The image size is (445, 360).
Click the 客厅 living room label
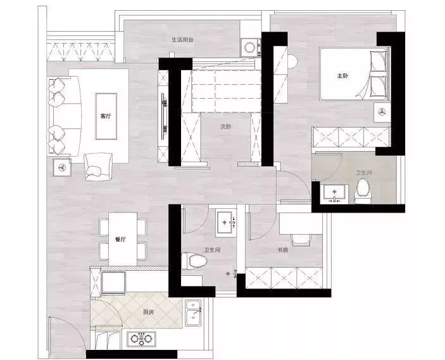106,116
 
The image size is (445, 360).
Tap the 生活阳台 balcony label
182,40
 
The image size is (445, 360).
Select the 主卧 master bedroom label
342,76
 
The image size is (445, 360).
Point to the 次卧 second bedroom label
225,127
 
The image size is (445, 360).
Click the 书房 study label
283,250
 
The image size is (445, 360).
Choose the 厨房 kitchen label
148,312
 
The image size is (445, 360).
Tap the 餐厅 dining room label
120,239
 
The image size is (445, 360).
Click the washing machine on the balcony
251,47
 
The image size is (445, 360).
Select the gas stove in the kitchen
141,338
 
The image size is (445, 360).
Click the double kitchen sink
193,313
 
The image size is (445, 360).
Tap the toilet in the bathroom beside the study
194,261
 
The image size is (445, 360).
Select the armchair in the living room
98,167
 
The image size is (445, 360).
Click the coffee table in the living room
106,116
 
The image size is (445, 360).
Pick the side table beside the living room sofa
62,168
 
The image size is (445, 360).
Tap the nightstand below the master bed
382,113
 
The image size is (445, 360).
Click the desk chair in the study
301,239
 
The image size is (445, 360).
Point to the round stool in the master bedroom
292,61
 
